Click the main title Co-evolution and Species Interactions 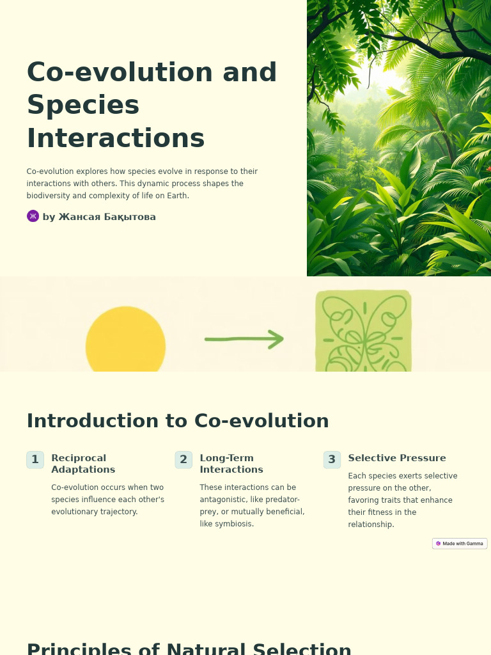coord(152,106)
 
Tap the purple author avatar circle coord(33,216)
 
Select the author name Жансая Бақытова coord(107,217)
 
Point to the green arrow coord(244,339)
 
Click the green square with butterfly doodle coord(363,332)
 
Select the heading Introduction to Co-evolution coord(177,421)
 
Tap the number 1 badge coord(35,460)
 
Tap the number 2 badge coord(183,460)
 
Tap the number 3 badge coord(332,460)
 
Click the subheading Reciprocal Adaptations coord(83,464)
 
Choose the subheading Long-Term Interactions coord(231,464)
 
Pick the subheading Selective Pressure coord(396,458)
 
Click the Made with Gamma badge coord(460,544)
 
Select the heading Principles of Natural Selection coord(189,647)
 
